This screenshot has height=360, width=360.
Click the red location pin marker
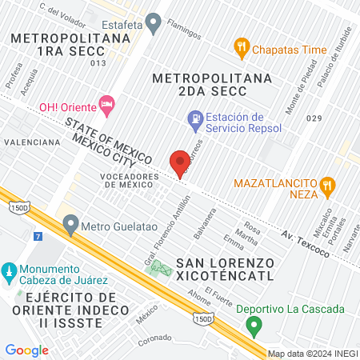pyautogui.click(x=180, y=163)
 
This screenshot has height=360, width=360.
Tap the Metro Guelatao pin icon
pyautogui.click(x=71, y=223)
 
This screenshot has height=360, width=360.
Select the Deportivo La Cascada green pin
pyautogui.click(x=254, y=326)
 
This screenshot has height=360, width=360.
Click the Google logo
pyautogui.click(x=26, y=350)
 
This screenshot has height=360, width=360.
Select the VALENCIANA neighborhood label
pyautogui.click(x=31, y=142)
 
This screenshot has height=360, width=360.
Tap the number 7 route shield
pyautogui.click(x=38, y=237)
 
